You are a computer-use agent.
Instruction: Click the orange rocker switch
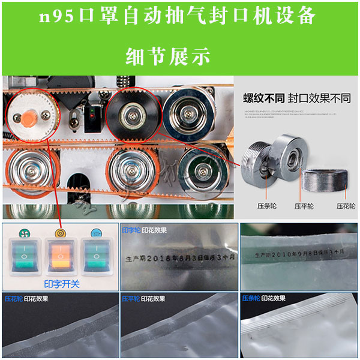(59, 258)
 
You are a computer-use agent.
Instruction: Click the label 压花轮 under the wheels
(346, 206)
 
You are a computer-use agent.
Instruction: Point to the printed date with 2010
(296, 254)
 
